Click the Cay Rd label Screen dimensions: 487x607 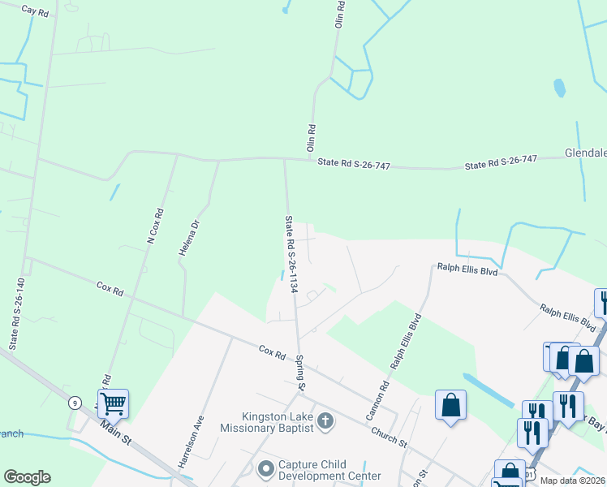tap(35, 11)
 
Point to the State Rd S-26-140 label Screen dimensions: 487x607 tap(16, 314)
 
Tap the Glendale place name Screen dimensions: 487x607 tap(585, 153)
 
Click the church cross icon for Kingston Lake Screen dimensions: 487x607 tap(325, 420)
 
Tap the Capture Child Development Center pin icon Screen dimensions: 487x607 tap(265, 468)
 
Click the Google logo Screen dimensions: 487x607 tap(27, 477)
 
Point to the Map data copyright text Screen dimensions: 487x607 tap(573, 481)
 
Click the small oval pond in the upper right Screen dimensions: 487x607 tap(559, 87)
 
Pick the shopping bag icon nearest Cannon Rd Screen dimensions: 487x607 tap(450, 404)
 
